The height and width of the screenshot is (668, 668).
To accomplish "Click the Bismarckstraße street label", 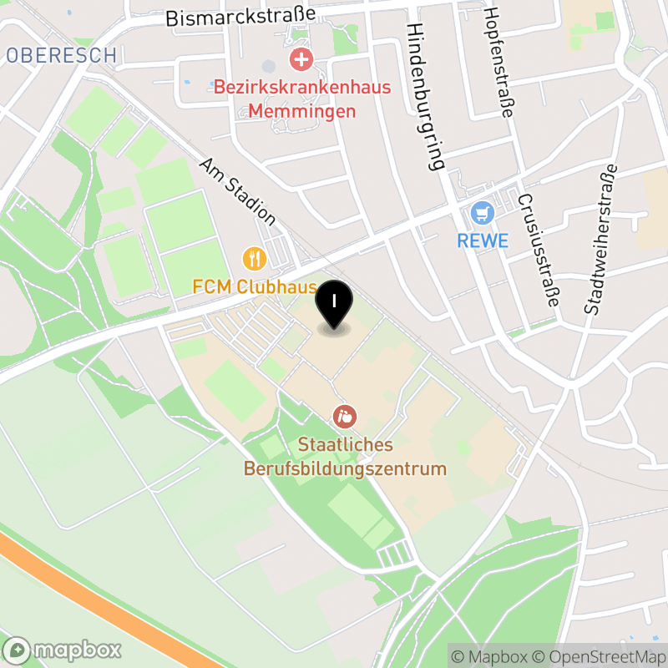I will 240,16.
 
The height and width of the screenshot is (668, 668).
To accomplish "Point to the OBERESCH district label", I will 61,56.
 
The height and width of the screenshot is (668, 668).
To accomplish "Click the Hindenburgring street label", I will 426,96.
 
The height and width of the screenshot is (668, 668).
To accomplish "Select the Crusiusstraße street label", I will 538,250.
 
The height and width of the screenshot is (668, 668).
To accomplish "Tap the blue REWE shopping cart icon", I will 482,214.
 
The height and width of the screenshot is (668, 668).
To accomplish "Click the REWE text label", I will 483,241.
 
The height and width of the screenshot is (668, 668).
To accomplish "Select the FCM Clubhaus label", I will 255,286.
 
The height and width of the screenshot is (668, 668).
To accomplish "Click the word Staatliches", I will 345,445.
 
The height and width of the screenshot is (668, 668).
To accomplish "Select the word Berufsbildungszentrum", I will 345,468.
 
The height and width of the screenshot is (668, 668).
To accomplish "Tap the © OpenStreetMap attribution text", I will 600,655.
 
